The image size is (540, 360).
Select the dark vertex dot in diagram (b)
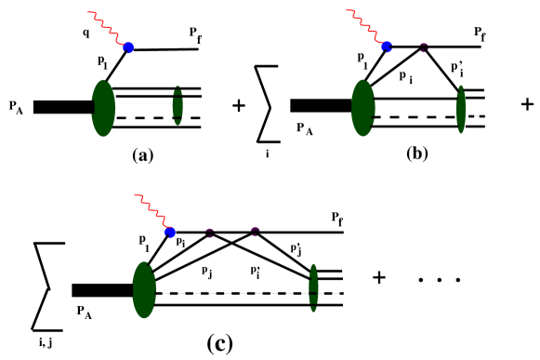[423, 47]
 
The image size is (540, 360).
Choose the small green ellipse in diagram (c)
[313, 286]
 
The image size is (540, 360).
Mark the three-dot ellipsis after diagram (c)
[432, 279]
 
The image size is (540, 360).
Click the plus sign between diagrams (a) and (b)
[238, 106]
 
